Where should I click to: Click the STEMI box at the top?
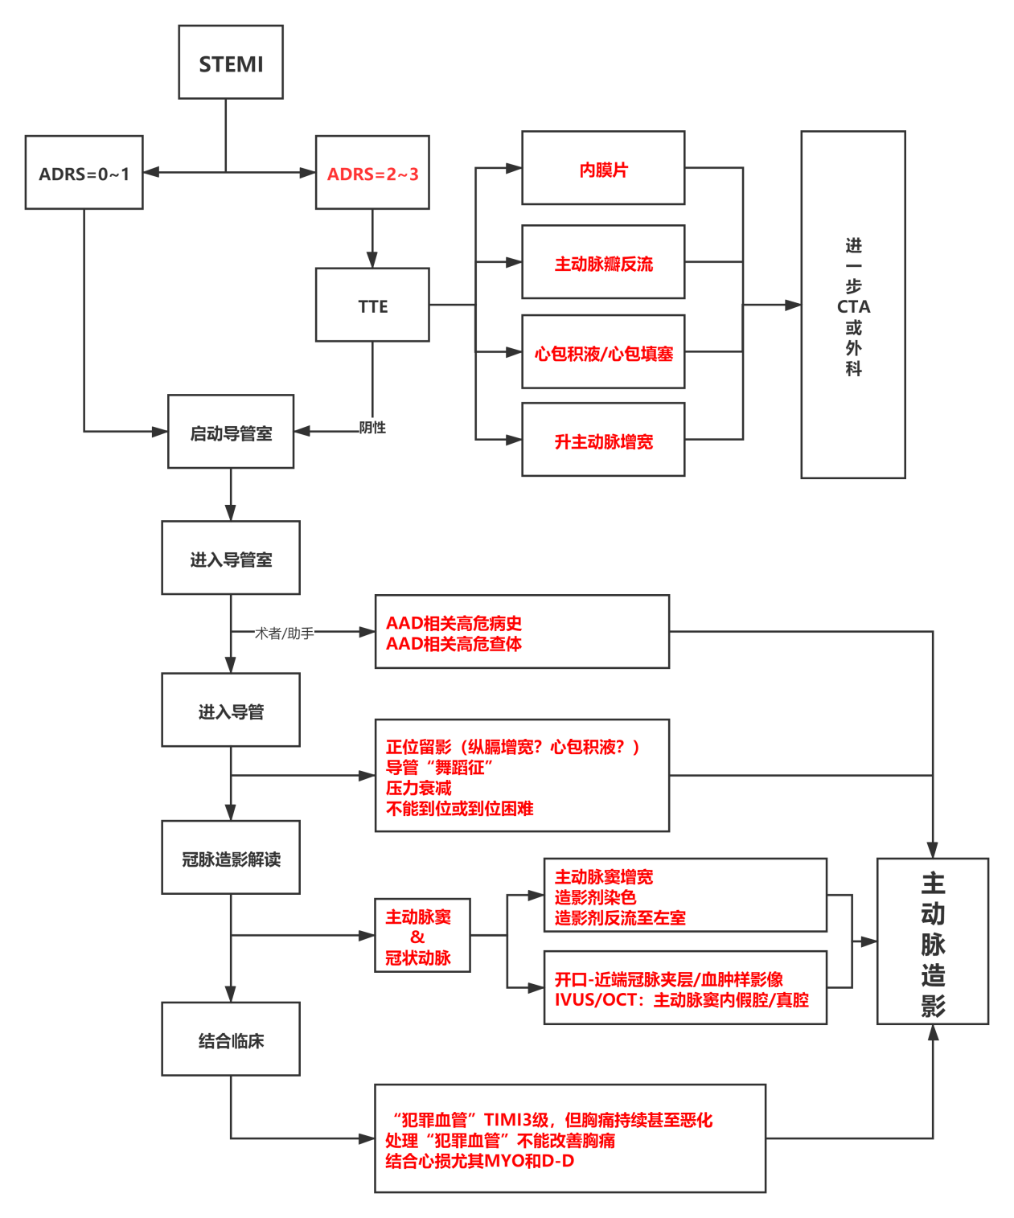pyautogui.click(x=231, y=63)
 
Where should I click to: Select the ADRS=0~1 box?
pyautogui.click(x=84, y=173)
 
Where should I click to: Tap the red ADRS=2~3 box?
pyautogui.click(x=372, y=173)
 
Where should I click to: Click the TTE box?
pyautogui.click(x=372, y=306)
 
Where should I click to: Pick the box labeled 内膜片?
pyautogui.click(x=603, y=169)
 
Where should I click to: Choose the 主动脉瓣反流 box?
pyautogui.click(x=603, y=263)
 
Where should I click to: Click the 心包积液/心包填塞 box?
pyautogui.click(x=603, y=352)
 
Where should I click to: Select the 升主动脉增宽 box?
pyautogui.click(x=603, y=441)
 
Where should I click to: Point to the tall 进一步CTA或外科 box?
pyautogui.click(x=853, y=306)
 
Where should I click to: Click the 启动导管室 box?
pyautogui.click(x=231, y=433)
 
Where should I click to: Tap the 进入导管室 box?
pyautogui.click(x=231, y=559)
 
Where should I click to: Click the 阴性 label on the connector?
pyautogui.click(x=372, y=428)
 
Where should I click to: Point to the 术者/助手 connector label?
pyautogui.click(x=284, y=634)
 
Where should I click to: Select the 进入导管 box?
pyautogui.click(x=231, y=711)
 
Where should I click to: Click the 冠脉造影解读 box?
pyautogui.click(x=231, y=859)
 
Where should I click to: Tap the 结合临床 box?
pyautogui.click(x=231, y=1040)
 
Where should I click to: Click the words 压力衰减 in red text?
pyautogui.click(x=419, y=788)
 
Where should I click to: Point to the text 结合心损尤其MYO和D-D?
pyautogui.click(x=480, y=1161)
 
